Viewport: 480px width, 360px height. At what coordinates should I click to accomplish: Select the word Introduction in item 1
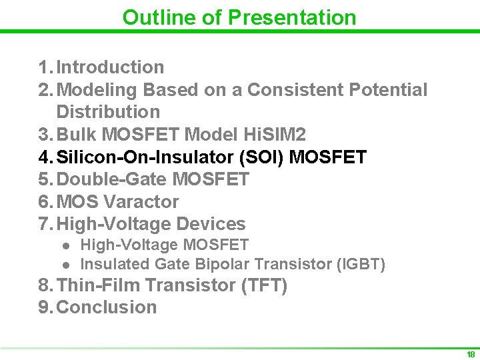(x=110, y=67)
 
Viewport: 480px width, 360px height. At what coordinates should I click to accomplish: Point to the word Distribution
(x=108, y=111)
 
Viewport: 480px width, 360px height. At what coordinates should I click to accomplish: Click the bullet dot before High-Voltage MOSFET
(x=66, y=246)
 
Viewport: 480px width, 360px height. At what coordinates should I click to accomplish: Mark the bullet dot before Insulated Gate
(x=66, y=265)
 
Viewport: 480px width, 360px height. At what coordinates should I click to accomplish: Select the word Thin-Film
(x=98, y=285)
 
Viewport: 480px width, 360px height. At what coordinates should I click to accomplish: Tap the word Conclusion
(x=107, y=307)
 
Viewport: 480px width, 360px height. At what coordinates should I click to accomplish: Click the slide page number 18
(x=471, y=354)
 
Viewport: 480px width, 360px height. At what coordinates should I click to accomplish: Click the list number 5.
(x=43, y=179)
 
